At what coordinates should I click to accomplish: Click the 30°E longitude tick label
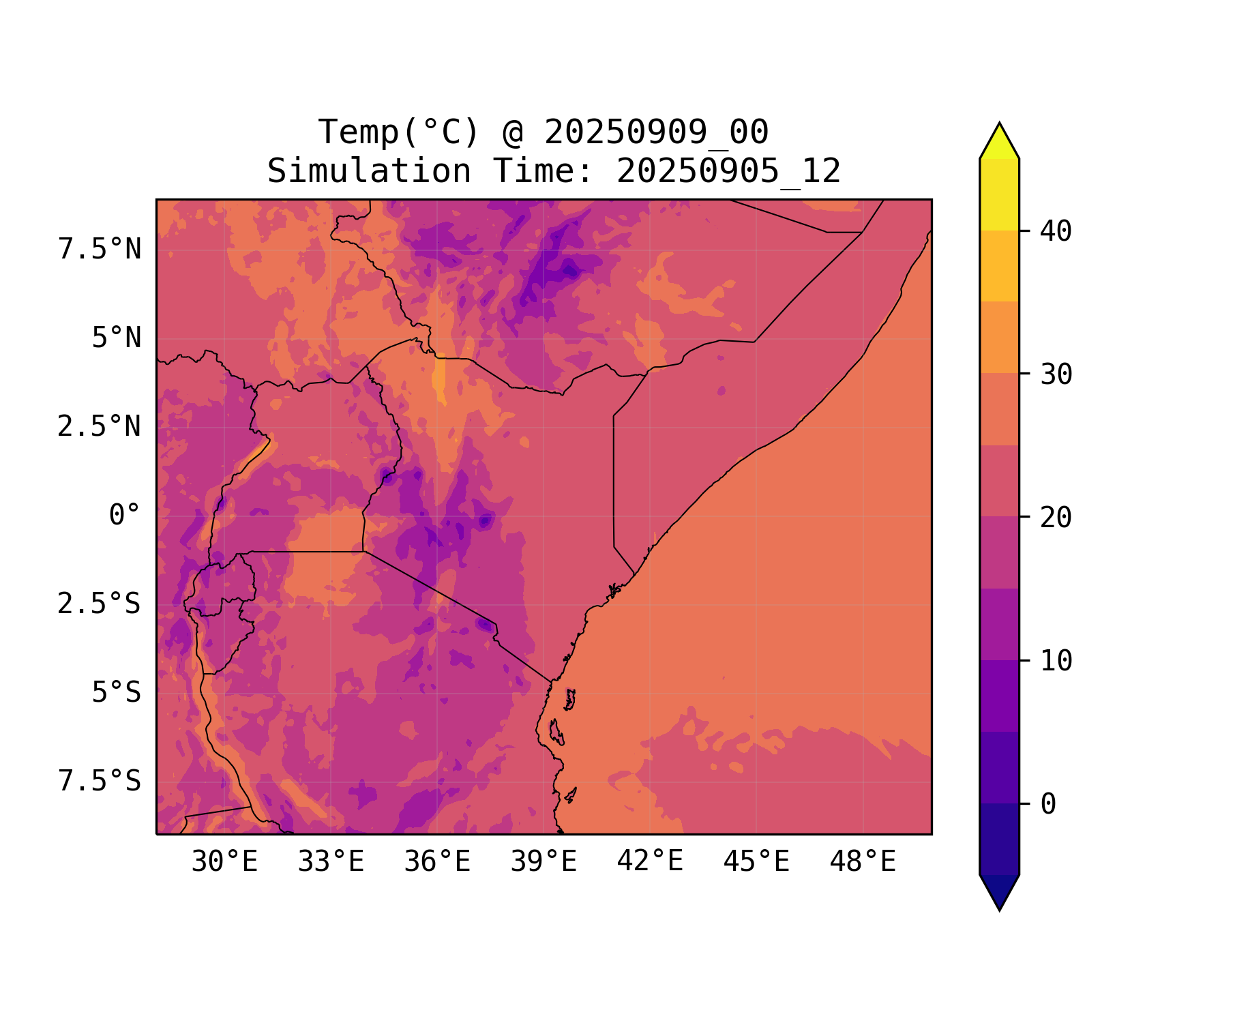[x=224, y=862]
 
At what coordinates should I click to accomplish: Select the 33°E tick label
[x=331, y=862]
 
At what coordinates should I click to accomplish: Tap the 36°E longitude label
[x=437, y=862]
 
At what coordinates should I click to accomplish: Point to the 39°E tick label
[x=544, y=862]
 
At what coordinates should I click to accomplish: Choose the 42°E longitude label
[x=650, y=862]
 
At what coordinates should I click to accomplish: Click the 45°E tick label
[x=756, y=862]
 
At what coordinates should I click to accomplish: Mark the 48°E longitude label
[x=863, y=862]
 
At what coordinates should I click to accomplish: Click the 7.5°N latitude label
[x=100, y=250]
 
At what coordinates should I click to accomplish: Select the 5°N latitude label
[x=117, y=338]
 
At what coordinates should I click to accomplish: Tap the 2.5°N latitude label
[x=100, y=427]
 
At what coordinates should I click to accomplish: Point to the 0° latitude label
[x=125, y=516]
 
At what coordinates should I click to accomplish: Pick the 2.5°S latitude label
[x=100, y=604]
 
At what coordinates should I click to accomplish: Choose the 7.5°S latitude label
[x=100, y=782]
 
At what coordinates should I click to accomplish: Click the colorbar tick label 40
[x=1056, y=232]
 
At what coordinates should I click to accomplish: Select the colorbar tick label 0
[x=1049, y=805]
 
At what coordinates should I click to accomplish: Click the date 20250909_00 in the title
[x=656, y=132]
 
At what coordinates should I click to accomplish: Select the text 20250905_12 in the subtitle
[x=728, y=171]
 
